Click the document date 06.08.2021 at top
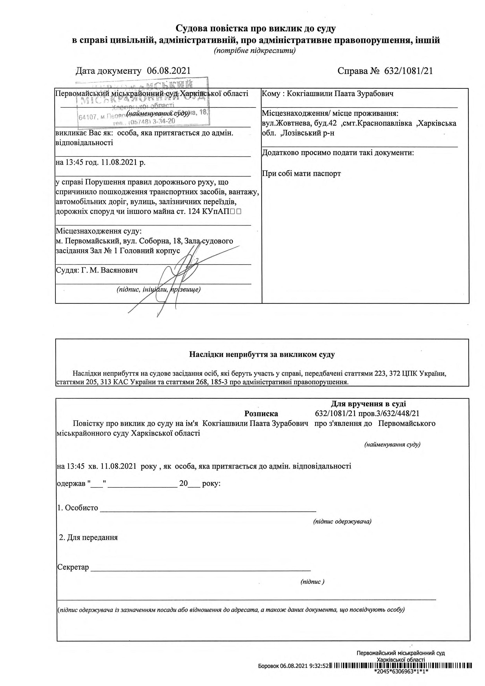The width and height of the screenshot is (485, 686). [169, 71]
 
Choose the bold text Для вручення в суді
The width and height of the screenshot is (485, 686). [368, 404]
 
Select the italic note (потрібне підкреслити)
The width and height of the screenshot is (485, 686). [255, 51]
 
